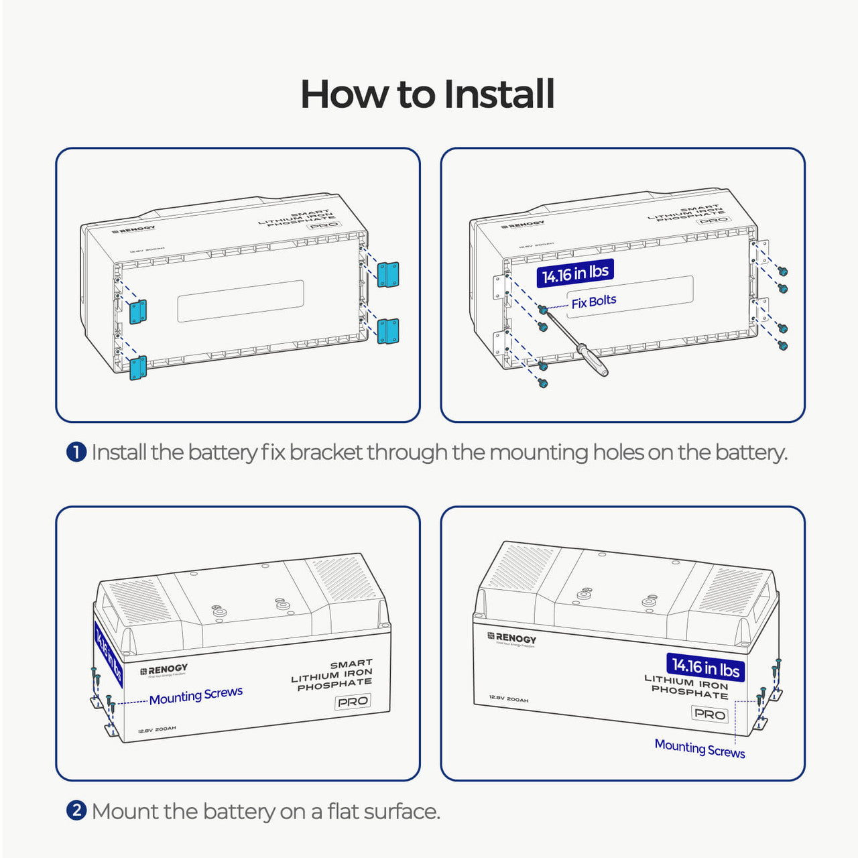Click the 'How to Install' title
tap(428, 94)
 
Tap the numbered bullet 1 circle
tap(76, 452)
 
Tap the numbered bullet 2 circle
tap(76, 811)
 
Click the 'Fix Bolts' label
tap(593, 302)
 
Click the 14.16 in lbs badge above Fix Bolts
tap(575, 273)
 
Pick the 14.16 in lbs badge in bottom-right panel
tap(705, 667)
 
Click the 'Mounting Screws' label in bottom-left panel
tap(196, 696)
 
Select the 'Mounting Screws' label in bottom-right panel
tap(699, 748)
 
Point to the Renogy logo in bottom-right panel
tap(512, 638)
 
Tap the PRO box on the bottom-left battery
tap(353, 701)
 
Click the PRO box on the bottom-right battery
tap(709, 714)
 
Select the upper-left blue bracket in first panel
tap(138, 312)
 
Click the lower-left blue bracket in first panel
tap(138, 368)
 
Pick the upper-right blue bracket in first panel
tap(388, 275)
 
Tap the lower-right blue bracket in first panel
tap(388, 331)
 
